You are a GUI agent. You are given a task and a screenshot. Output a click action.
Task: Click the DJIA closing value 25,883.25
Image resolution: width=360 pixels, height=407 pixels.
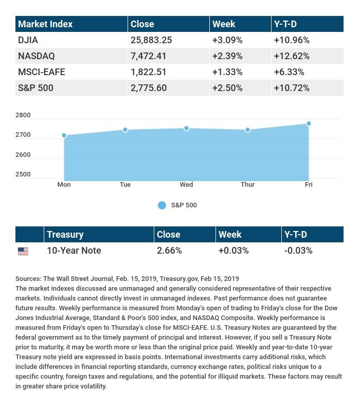[x=151, y=40]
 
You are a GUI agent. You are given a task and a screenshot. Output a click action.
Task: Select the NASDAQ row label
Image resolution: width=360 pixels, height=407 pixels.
[x=36, y=56]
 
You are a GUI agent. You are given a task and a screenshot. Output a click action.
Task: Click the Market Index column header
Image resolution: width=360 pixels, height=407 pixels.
[x=45, y=24]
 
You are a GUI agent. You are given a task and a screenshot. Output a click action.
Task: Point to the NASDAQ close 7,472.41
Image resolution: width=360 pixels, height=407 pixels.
[x=149, y=56]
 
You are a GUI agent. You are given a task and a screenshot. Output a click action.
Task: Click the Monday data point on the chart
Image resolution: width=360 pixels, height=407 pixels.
[x=64, y=135]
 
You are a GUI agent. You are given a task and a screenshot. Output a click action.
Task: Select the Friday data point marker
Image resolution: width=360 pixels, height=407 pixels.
[x=309, y=123]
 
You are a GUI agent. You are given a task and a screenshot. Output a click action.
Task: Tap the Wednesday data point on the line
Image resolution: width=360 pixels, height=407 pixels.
[x=186, y=128]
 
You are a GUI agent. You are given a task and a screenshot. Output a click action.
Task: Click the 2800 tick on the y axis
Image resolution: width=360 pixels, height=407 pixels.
[x=23, y=116]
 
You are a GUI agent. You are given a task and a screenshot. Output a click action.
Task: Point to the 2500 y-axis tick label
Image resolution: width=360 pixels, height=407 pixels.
[x=23, y=174]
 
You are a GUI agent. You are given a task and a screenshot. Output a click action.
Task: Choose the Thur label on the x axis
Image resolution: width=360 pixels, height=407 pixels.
[x=247, y=185]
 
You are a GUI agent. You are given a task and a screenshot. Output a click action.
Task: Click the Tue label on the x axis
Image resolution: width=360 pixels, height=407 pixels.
[x=125, y=185]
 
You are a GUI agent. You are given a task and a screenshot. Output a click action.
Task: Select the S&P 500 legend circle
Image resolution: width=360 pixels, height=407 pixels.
[x=162, y=205]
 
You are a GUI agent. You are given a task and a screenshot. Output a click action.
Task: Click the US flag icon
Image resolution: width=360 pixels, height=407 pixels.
[x=23, y=251]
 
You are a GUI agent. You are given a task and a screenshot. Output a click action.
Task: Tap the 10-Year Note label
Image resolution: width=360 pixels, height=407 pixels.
[x=74, y=251]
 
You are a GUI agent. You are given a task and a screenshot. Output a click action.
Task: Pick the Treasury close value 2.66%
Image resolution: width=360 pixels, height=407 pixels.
[x=169, y=251]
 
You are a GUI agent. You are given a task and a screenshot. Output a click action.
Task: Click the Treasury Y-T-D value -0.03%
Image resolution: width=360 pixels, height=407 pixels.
[x=298, y=251]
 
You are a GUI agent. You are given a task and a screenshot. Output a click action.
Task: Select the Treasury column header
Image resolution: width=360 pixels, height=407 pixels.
[x=65, y=235]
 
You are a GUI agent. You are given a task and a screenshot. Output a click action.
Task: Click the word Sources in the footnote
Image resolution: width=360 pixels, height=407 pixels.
[x=28, y=279]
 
